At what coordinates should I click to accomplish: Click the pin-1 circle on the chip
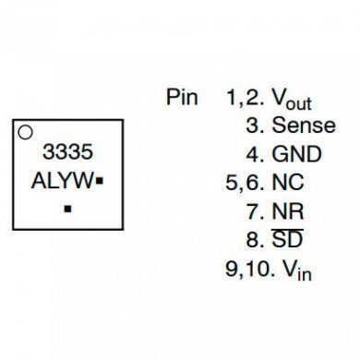point(27,132)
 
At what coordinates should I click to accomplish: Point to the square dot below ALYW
point(67,210)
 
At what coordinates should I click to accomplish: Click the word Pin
point(182,97)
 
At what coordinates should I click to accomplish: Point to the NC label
point(287,184)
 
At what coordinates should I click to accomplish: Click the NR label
point(287,212)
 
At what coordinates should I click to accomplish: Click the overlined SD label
point(287,241)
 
